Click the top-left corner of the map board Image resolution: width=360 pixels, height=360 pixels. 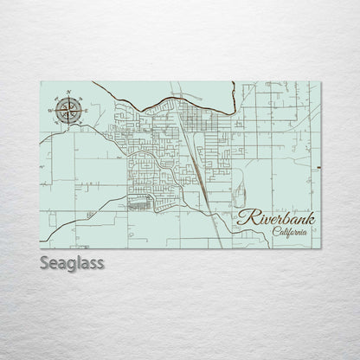click(x=41, y=81)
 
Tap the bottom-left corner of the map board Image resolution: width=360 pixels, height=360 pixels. click(x=41, y=245)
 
